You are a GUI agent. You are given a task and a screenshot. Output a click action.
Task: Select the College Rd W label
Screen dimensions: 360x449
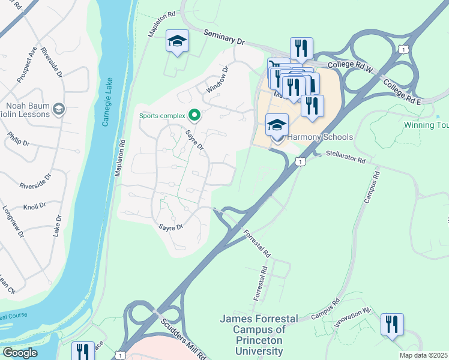(x=351, y=67)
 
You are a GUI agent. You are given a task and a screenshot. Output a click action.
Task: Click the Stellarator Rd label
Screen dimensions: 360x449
(x=345, y=157)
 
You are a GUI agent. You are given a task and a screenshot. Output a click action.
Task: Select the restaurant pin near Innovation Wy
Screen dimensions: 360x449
(x=392, y=325)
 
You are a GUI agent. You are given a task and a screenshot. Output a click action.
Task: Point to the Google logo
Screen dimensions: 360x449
(x=20, y=352)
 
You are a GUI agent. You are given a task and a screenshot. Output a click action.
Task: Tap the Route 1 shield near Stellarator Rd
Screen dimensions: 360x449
(x=301, y=161)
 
